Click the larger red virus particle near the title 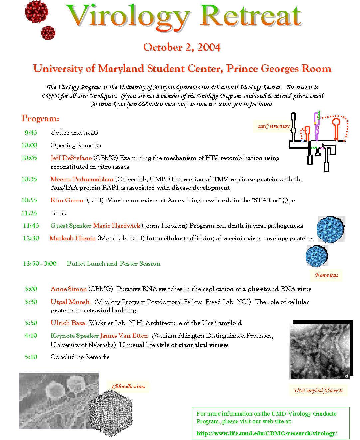36,12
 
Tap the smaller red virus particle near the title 48,33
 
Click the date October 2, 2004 182,47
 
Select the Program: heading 40,119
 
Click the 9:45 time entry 31,133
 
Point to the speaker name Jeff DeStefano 71,158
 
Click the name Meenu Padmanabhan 82,179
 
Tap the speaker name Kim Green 67,200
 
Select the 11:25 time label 29,213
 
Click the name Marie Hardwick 117,226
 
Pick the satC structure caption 273,126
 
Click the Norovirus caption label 326,275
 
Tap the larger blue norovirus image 330,229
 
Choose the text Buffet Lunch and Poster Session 113,264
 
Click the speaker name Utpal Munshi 71,302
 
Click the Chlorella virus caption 128,387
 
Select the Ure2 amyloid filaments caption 319,390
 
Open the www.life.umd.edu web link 267,433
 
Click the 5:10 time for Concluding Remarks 31,357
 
